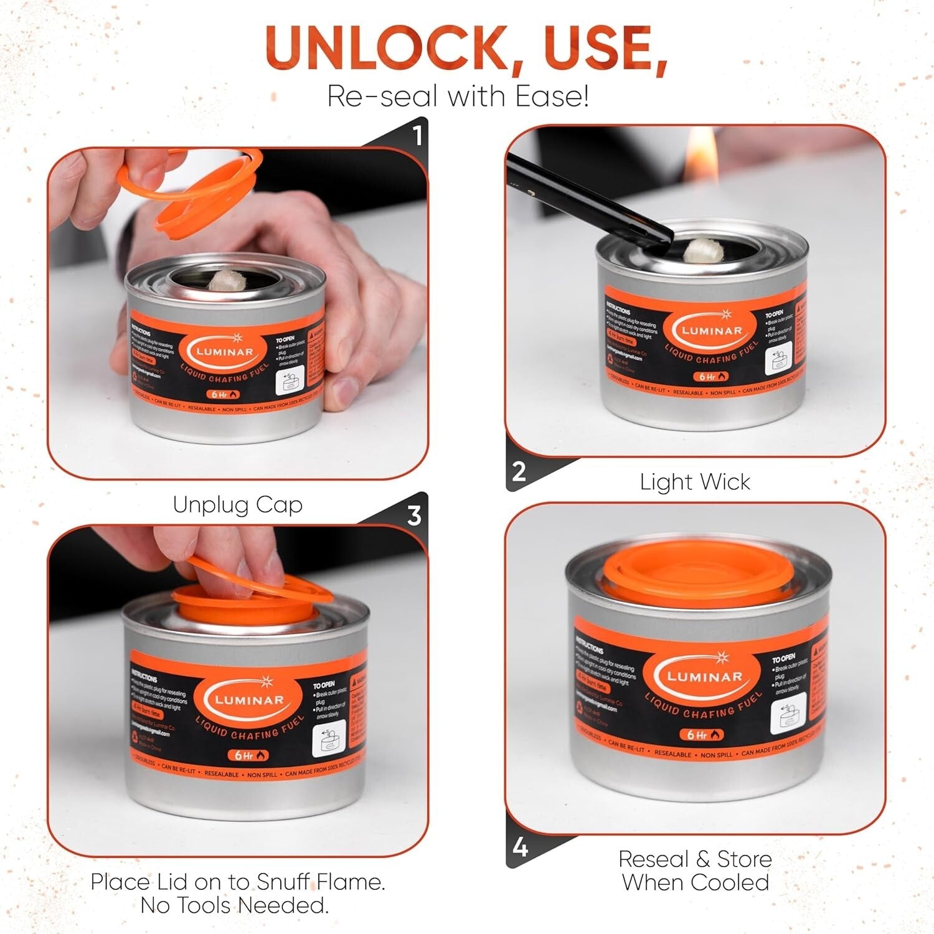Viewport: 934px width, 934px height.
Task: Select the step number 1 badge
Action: (417, 135)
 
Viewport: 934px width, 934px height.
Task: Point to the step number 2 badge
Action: (519, 471)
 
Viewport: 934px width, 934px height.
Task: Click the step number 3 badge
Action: (414, 516)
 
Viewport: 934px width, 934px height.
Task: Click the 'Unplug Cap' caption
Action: (238, 504)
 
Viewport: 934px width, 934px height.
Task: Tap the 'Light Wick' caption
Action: (695, 482)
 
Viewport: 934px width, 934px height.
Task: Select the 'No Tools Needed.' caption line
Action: (235, 905)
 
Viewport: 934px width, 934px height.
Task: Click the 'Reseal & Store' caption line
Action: (695, 859)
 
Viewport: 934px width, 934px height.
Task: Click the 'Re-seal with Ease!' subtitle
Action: (458, 97)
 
